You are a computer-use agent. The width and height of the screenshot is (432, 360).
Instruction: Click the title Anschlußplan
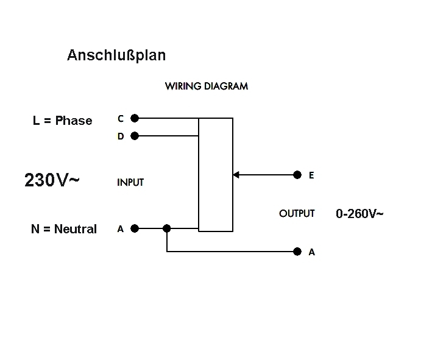click(116, 55)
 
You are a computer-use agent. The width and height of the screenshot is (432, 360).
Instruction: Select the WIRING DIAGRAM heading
click(206, 86)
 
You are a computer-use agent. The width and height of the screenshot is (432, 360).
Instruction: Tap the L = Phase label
click(62, 121)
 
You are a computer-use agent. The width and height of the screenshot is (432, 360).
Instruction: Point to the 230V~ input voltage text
click(52, 180)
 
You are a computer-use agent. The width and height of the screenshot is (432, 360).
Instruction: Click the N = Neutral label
click(63, 229)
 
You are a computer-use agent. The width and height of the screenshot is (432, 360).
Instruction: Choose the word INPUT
click(130, 182)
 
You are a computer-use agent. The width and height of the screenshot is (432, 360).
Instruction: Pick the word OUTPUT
click(297, 213)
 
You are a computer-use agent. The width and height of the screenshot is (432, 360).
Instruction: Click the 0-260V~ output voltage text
click(359, 213)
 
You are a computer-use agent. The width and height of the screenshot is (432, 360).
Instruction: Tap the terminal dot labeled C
click(135, 118)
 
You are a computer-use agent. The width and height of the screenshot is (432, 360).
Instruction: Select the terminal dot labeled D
click(135, 136)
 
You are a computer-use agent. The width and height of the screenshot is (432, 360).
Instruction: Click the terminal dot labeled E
click(297, 175)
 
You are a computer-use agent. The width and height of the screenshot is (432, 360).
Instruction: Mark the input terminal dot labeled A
click(135, 228)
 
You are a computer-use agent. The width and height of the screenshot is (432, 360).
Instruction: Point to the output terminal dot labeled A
click(297, 251)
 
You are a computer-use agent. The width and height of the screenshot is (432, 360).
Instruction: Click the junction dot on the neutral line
click(167, 228)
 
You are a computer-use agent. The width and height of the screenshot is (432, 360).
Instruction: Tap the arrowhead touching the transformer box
click(236, 175)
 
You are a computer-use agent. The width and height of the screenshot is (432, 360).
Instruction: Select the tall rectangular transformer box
click(216, 175)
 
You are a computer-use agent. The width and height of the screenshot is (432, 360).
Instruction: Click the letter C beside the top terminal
click(121, 119)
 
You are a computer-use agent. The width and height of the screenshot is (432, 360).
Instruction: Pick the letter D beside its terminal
click(121, 136)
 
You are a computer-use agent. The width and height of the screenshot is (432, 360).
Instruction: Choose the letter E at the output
click(311, 175)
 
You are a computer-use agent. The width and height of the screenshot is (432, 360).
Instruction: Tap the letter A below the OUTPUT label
click(312, 252)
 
